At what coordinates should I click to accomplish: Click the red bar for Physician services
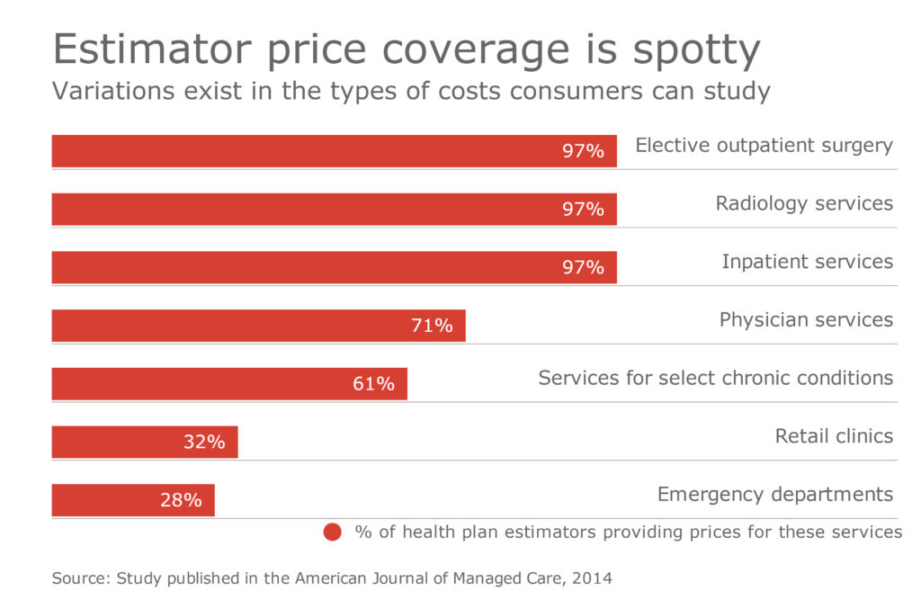click(258, 326)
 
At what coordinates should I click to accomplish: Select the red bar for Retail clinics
click(145, 442)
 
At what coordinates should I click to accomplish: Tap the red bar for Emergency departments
click(133, 500)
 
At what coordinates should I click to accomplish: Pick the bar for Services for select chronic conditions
click(229, 384)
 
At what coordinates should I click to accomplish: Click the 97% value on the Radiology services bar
click(583, 210)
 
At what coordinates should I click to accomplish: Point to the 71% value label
click(432, 326)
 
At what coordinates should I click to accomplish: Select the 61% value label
click(373, 384)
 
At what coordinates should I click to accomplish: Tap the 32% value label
click(204, 442)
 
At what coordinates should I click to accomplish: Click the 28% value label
click(181, 500)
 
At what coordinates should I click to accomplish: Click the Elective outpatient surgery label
click(764, 145)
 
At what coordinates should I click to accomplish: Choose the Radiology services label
click(804, 203)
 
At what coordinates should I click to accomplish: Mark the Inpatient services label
click(807, 262)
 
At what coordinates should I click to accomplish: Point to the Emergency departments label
click(774, 494)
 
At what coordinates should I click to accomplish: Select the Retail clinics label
click(834, 436)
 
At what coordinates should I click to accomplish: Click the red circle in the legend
click(333, 532)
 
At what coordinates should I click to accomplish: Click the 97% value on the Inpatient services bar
click(583, 267)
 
